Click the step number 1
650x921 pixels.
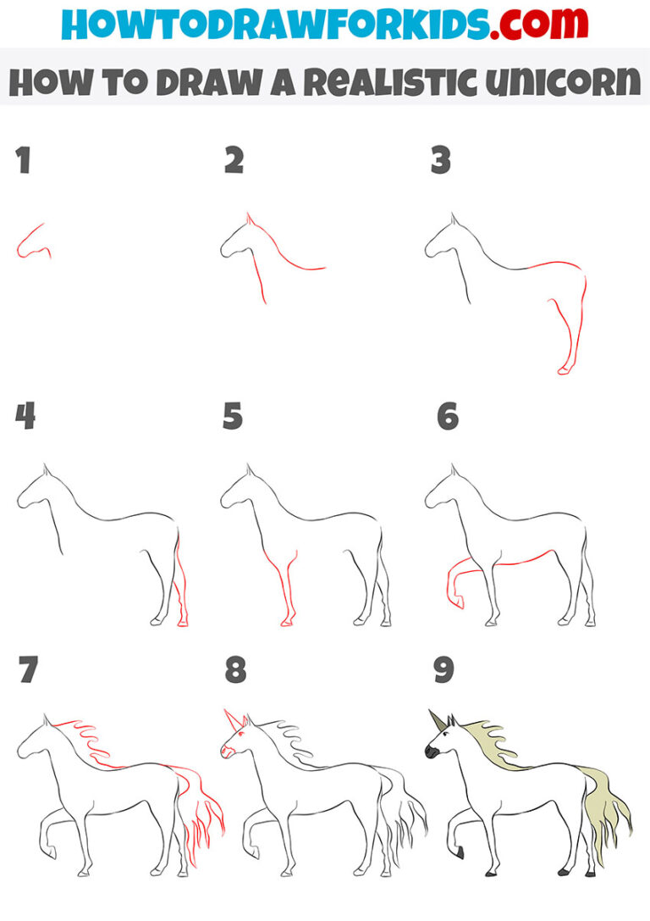pos(24,161)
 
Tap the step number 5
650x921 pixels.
pos(233,416)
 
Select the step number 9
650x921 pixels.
pos(443,670)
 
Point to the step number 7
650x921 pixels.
pos(28,670)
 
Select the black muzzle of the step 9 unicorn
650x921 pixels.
pos(431,751)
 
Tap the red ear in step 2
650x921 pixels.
pos(249,220)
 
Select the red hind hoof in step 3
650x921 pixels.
pos(565,369)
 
